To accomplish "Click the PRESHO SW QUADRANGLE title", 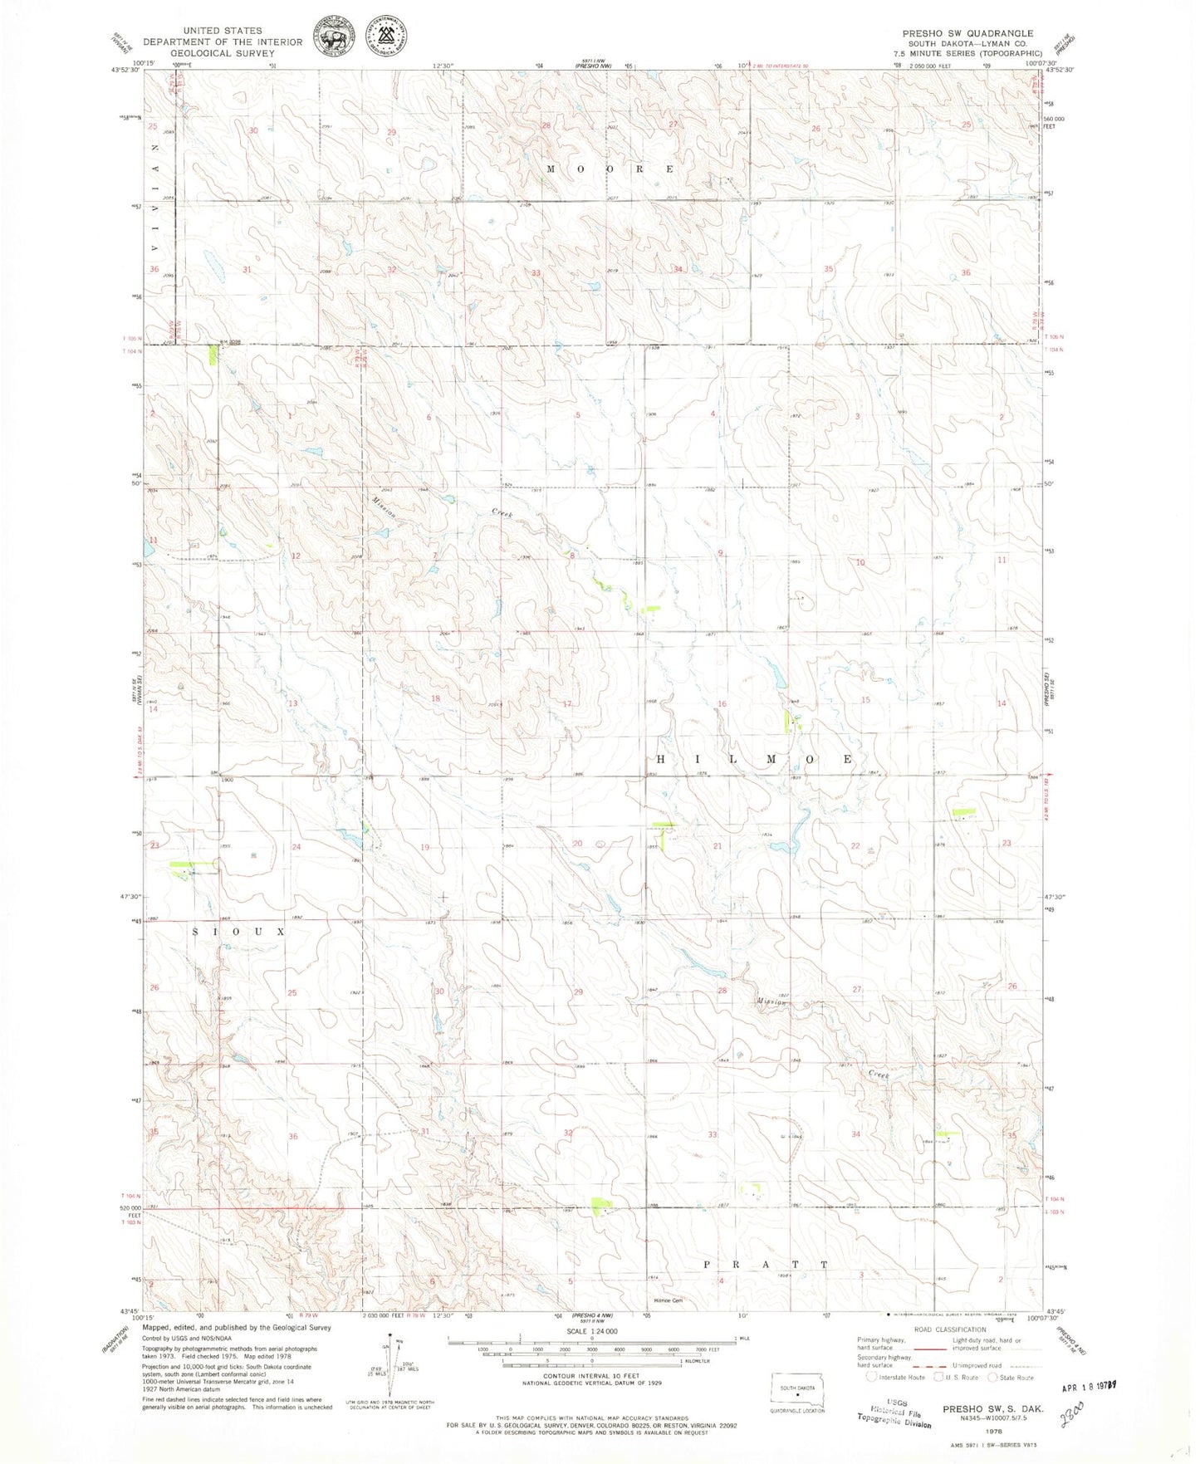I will (967, 33).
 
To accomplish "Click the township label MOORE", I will (610, 169).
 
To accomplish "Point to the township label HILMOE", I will (755, 760).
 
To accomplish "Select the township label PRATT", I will (765, 1265).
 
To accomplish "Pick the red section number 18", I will (435, 698).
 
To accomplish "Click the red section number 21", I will (718, 845).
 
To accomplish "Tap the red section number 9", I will (721, 553).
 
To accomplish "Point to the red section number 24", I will (296, 847).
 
